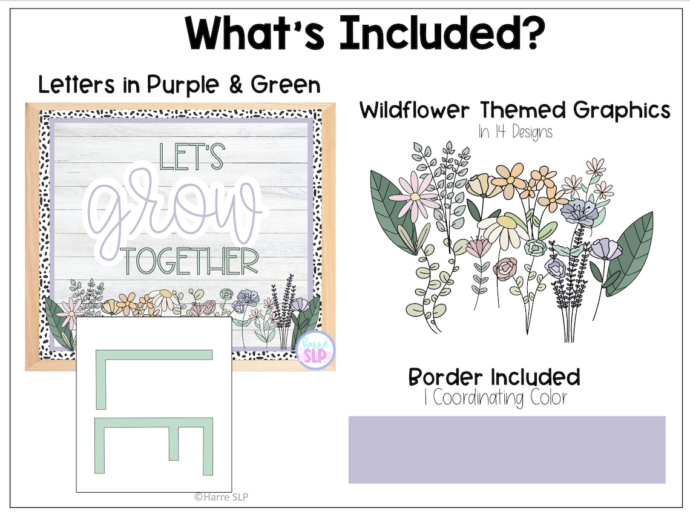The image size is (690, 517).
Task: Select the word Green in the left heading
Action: click(x=285, y=85)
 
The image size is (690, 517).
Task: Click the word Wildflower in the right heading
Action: click(x=415, y=111)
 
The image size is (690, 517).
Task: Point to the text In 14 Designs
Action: click(x=515, y=132)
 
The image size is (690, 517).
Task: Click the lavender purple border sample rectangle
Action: click(x=507, y=449)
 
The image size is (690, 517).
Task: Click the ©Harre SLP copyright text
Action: click(x=221, y=496)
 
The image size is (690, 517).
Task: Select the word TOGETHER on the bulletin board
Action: click(x=191, y=262)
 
